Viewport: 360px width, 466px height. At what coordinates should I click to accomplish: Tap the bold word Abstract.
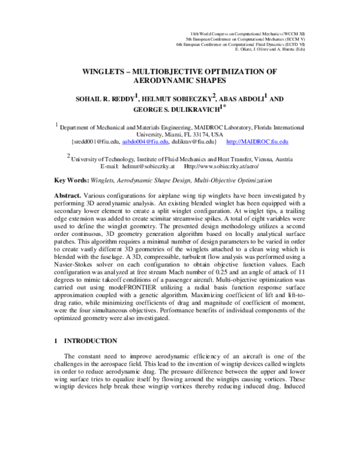pos(68,195)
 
